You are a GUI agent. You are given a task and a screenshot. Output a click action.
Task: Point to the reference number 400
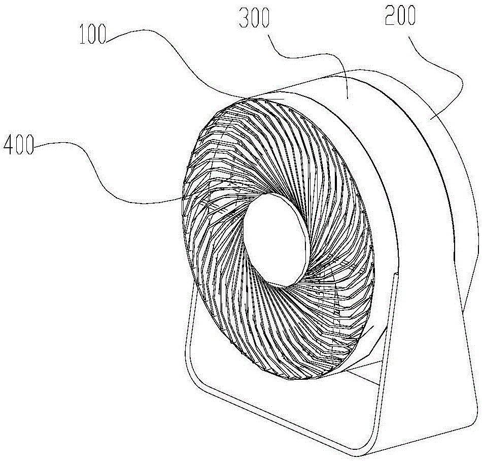click(19, 148)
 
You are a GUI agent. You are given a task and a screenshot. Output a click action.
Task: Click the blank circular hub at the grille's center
click(277, 239)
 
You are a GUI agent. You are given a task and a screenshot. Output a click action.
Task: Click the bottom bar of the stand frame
click(284, 416)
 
